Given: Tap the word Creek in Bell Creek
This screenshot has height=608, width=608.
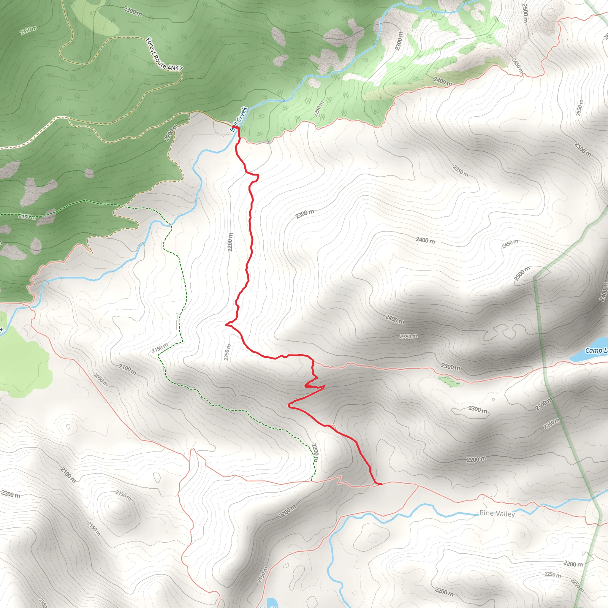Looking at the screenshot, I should [x=242, y=115].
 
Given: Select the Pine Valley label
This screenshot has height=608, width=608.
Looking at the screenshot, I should [x=497, y=513].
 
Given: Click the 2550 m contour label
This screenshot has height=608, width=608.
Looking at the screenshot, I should [x=579, y=108].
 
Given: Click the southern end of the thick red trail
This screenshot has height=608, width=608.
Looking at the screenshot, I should [x=381, y=484].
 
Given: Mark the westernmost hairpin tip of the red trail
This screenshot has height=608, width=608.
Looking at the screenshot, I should [x=226, y=324].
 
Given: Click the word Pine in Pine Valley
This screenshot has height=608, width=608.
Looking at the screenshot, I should [x=486, y=513].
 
